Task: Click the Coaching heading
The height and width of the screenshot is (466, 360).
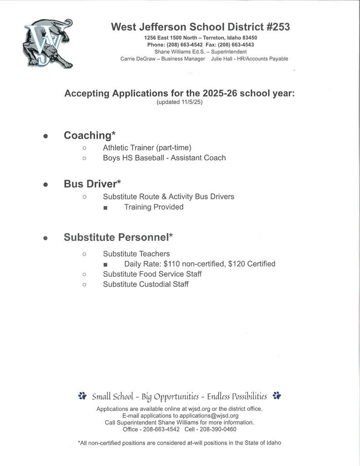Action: pos(90,135)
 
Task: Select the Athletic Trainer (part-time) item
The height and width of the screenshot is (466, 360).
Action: pos(147,147)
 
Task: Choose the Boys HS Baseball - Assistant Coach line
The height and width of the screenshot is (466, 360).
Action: pos(164,158)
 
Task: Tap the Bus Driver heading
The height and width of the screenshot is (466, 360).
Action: pos(92,184)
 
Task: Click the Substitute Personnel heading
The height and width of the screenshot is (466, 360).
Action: pos(118,237)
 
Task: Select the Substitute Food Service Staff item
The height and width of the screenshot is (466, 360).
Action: pos(152,274)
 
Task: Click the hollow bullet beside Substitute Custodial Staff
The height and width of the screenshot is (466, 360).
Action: pos(84,284)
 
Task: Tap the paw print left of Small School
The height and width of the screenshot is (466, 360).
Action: pos(82,396)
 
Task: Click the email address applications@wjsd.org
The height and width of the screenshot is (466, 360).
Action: pos(209,415)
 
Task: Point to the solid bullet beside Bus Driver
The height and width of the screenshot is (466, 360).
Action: pos(45,184)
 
